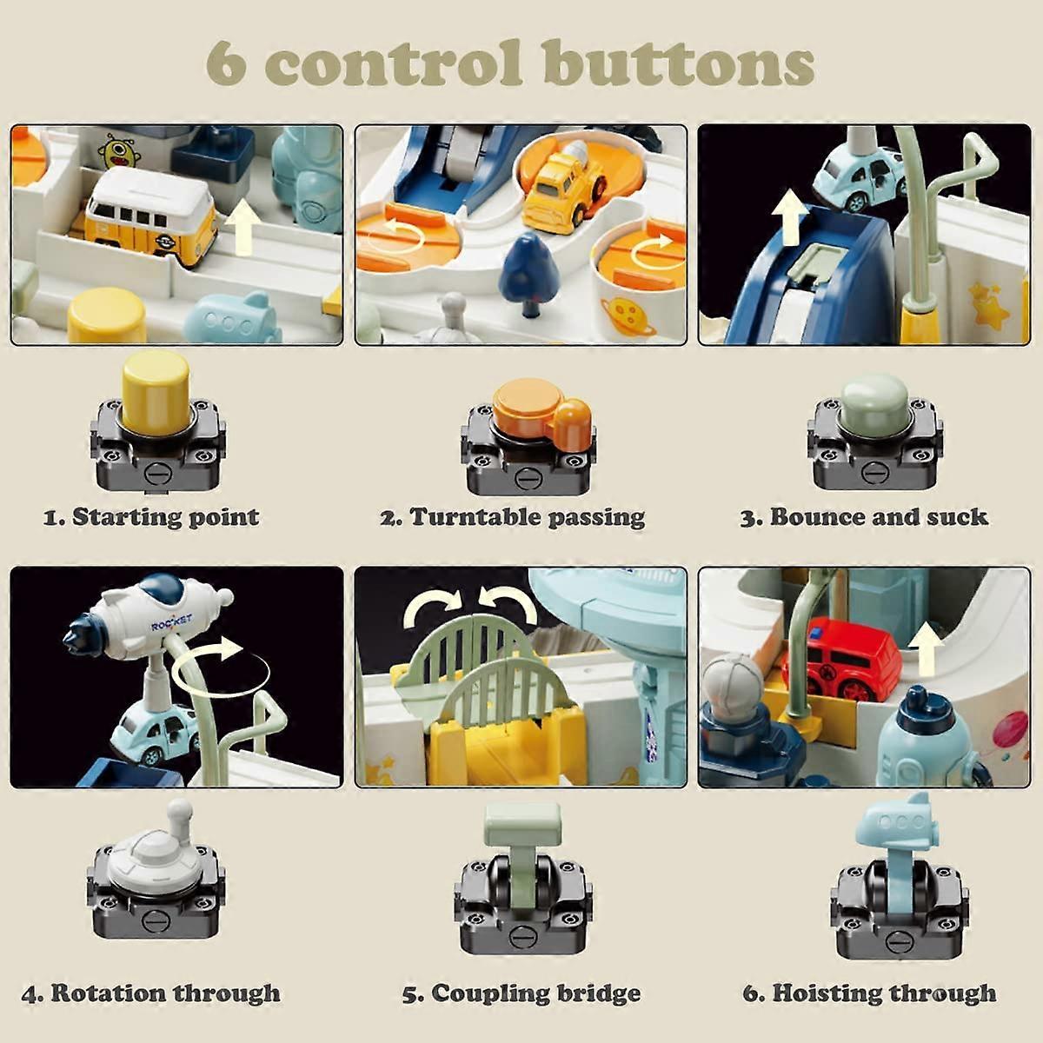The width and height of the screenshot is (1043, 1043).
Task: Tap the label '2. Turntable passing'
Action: (x=512, y=517)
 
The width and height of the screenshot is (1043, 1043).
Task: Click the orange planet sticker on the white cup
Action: (x=631, y=318)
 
